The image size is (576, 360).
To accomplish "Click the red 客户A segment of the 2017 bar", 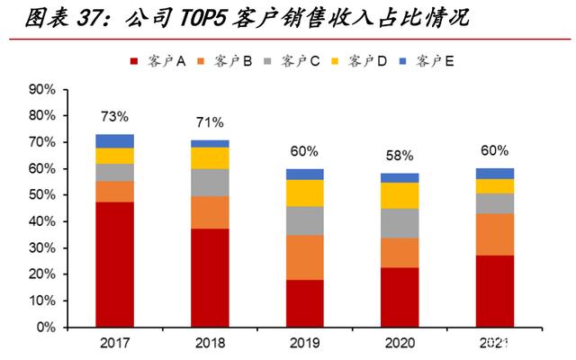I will tap(114, 265).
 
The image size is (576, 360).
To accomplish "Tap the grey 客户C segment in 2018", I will tap(210, 182).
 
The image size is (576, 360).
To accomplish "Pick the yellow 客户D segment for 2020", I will tap(400, 195).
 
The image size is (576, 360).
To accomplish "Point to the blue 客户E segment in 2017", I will tap(114, 141).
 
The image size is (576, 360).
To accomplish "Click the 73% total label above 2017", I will tap(114, 117).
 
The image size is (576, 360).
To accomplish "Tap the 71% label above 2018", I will tap(210, 122).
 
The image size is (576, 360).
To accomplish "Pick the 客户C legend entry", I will tap(293, 61).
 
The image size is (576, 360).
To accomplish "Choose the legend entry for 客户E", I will tap(427, 61).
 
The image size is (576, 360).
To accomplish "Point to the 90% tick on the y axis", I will tap(42, 90).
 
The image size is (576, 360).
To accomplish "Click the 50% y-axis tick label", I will tap(42, 195).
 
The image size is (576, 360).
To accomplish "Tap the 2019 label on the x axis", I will tap(305, 343).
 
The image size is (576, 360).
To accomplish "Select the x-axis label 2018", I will tap(210, 343).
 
